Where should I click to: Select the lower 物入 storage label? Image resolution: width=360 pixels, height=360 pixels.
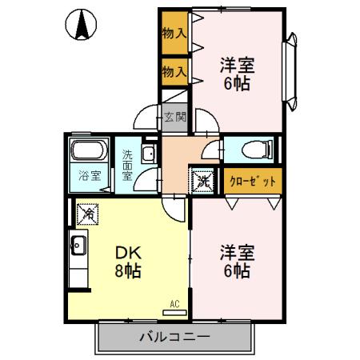click(x=174, y=71)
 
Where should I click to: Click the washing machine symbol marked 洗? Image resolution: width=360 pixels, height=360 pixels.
click(x=203, y=180)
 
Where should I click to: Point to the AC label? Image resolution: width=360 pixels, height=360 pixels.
click(x=174, y=304)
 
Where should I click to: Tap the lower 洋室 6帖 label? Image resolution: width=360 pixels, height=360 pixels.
click(x=237, y=262)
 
